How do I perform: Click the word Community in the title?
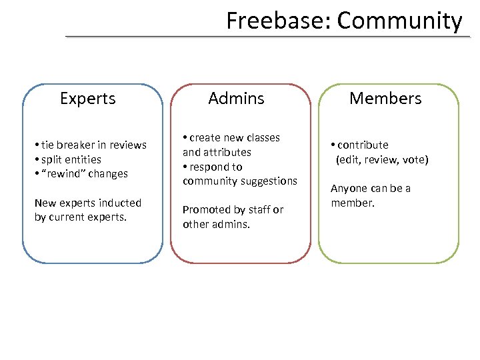pyautogui.click(x=399, y=21)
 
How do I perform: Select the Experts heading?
pyautogui.click(x=88, y=99)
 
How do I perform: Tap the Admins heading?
pyautogui.click(x=236, y=99)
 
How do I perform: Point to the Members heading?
pyautogui.click(x=385, y=99)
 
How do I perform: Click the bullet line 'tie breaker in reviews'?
pyautogui.click(x=93, y=145)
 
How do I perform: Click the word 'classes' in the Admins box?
pyautogui.click(x=260, y=137)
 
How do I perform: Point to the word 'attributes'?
pyautogui.click(x=227, y=152)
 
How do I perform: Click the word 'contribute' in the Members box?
pyautogui.click(x=363, y=145)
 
